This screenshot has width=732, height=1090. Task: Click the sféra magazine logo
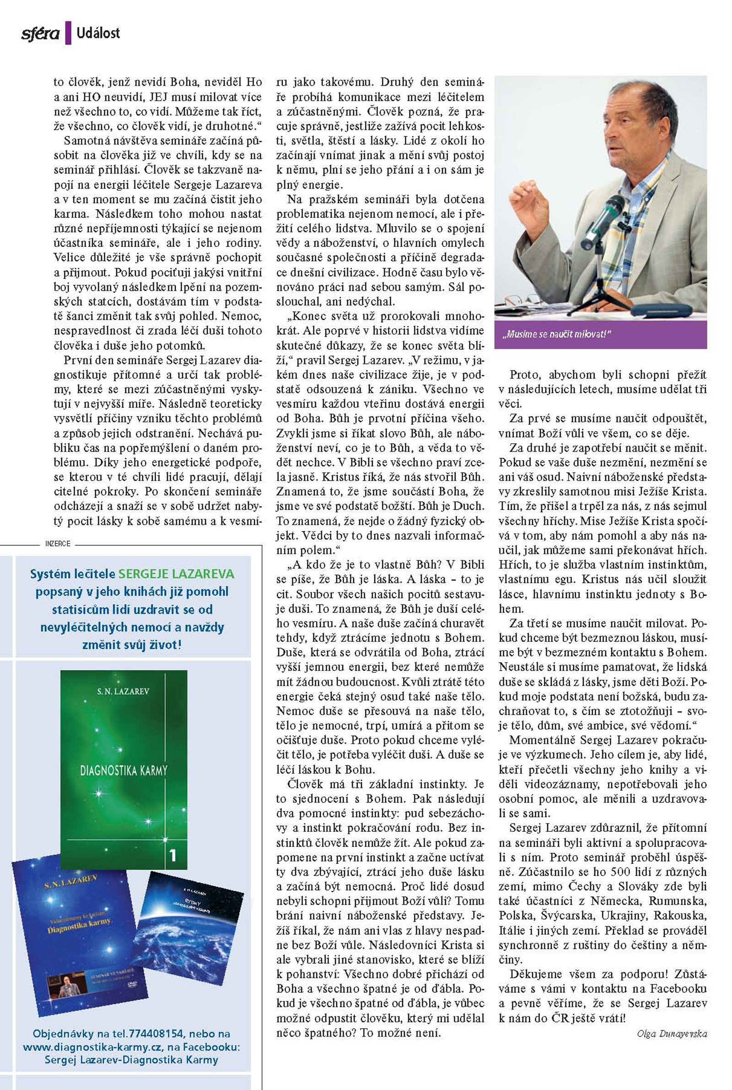pos(40,33)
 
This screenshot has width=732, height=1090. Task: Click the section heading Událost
pos(98,33)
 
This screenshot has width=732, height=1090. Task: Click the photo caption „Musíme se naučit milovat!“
pos(557,334)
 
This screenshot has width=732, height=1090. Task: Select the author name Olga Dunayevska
pos(672,1034)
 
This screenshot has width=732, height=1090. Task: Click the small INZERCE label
pos(58,543)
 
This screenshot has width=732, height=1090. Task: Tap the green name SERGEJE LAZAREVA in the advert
pos(177,574)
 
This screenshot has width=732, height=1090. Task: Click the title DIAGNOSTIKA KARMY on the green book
pos(124,770)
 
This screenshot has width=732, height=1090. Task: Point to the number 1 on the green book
pos(173,855)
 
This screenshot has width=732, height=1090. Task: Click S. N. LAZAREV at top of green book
pos(123,691)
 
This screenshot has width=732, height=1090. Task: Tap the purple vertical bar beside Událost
pos(68,33)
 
